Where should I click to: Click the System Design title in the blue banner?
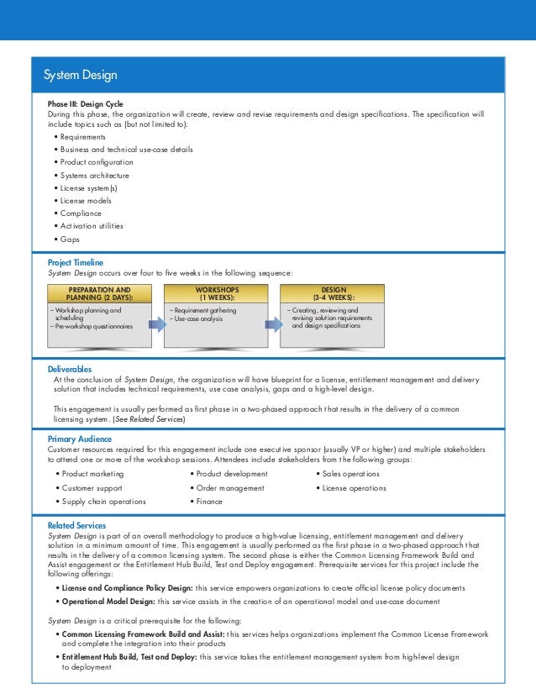(x=81, y=76)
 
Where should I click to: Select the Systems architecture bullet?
(x=93, y=175)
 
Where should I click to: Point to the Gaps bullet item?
(x=70, y=239)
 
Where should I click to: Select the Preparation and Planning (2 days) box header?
(x=99, y=292)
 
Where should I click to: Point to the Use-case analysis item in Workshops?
(x=197, y=318)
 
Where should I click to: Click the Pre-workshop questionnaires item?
(x=92, y=326)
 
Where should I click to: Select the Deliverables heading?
(x=70, y=369)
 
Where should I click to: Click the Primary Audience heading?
(x=81, y=439)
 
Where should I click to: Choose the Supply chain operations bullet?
(x=102, y=502)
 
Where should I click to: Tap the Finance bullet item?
(x=209, y=502)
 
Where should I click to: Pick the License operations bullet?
(x=353, y=488)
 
